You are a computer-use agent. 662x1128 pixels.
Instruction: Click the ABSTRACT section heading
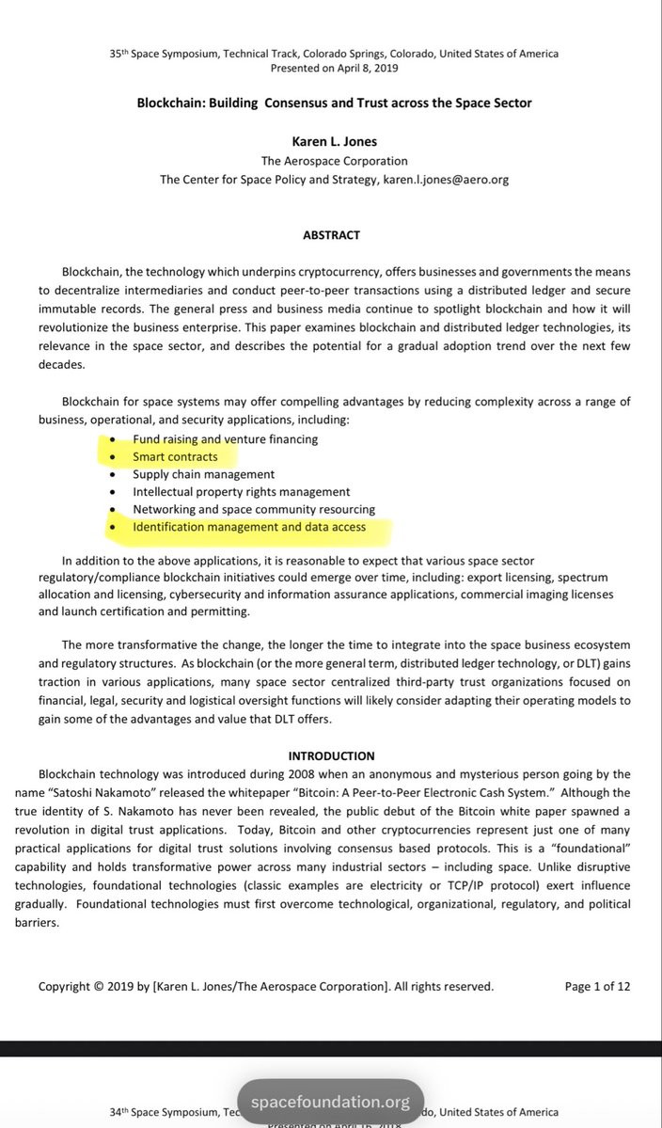tap(331, 235)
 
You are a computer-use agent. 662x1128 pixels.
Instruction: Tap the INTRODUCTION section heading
tap(331, 755)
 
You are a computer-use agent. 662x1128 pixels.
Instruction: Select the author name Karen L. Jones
tap(333, 141)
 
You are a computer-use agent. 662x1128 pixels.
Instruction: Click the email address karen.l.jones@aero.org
tap(446, 179)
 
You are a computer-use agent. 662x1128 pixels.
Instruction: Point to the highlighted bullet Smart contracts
tap(175, 457)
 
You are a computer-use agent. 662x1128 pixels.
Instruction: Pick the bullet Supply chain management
tap(203, 474)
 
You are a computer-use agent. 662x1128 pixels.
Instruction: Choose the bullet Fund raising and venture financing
tap(225, 439)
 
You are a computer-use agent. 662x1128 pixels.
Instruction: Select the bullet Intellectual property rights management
tap(241, 492)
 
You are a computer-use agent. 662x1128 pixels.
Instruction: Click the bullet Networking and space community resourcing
tap(253, 510)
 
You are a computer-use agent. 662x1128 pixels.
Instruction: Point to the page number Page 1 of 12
tap(597, 987)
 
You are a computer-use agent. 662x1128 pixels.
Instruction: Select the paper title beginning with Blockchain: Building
tap(334, 103)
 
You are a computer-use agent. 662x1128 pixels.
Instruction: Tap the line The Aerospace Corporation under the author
tap(334, 161)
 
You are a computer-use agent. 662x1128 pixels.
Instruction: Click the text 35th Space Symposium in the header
tap(165, 54)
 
